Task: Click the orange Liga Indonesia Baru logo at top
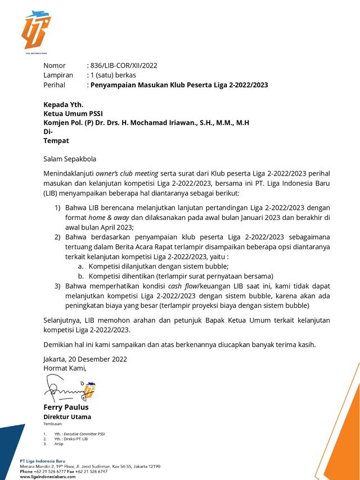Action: point(36,31)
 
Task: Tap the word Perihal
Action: point(55,85)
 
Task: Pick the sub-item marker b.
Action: point(81,276)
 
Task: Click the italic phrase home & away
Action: point(101,218)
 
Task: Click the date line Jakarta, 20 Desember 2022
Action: point(85,358)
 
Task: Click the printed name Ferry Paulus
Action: point(66,407)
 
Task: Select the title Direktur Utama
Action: point(67,417)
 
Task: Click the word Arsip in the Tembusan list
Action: point(59,444)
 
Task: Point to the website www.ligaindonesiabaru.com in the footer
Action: point(47,477)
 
